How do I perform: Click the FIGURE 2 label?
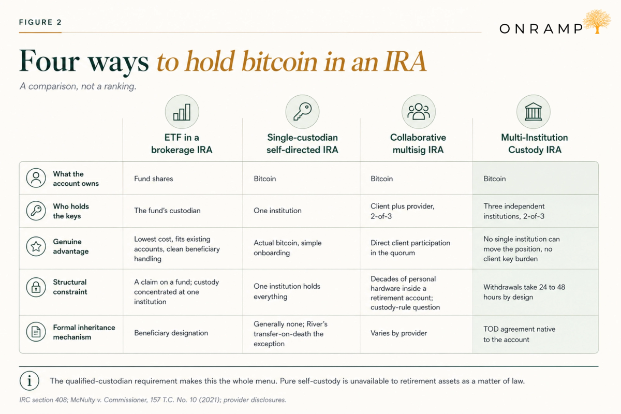[x=40, y=22]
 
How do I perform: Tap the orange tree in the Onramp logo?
[x=597, y=21]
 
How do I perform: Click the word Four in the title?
[x=49, y=61]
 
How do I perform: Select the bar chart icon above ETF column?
[x=182, y=112]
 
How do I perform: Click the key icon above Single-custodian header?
[x=302, y=112]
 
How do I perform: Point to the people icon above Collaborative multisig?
[x=419, y=112]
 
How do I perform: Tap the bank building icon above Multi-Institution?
[x=534, y=112]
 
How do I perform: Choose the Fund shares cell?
[x=154, y=179]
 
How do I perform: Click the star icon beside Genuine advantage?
[x=36, y=246]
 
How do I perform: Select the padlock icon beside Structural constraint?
[x=36, y=287]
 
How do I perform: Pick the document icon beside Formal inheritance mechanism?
[x=36, y=332]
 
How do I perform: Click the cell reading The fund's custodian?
[x=167, y=211]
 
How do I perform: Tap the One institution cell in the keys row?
[x=277, y=211]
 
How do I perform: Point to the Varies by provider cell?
[x=398, y=333]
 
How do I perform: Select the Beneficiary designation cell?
[x=171, y=333]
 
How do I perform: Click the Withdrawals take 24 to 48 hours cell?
[x=524, y=292]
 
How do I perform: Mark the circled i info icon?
[x=29, y=381]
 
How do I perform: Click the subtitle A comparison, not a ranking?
[x=78, y=86]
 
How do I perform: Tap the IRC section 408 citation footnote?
[x=153, y=400]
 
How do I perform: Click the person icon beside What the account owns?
[x=36, y=178]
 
